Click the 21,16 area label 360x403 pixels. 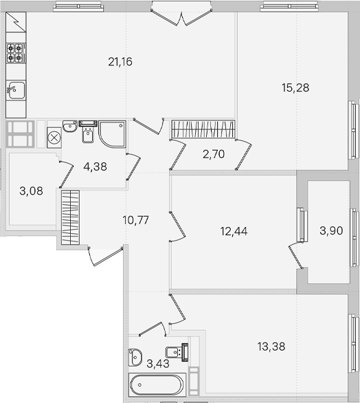point(120,62)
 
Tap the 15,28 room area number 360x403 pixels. point(295,88)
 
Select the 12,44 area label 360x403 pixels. point(234,231)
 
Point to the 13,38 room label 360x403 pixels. point(271,347)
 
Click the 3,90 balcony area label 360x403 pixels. point(331,231)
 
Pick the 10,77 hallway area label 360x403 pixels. point(135,220)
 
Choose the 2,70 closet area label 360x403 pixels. point(214,154)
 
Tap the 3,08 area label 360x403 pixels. point(31,191)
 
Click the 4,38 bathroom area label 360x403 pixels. point(95,167)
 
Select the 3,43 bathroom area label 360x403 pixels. point(158,364)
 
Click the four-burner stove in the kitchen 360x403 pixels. point(16,53)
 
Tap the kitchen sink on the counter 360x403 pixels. point(16,90)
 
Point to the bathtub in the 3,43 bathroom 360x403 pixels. point(157,384)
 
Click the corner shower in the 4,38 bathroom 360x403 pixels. point(112,134)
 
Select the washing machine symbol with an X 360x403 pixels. point(54,138)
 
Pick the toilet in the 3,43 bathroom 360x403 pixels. point(177,352)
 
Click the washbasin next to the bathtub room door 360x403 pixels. point(135,357)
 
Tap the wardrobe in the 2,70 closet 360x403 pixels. point(203,129)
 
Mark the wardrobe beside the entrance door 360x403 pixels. point(70,217)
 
